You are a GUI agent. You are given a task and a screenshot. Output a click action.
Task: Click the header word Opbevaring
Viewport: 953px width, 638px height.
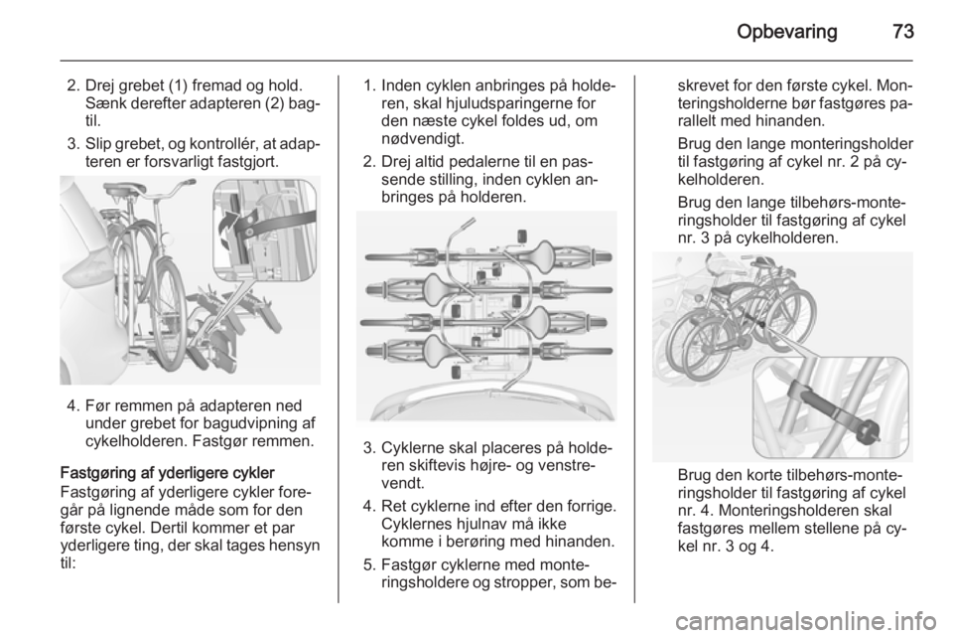pos(786,32)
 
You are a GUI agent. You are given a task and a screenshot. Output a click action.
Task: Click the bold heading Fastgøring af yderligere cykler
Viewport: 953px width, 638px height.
pos(167,473)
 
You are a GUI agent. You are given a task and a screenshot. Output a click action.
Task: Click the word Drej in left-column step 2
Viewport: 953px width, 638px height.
pos(98,85)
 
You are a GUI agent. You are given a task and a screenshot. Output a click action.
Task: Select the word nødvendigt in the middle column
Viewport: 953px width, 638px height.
pos(423,139)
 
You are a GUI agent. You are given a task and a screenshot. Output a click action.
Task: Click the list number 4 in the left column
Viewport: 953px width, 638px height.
pos(71,405)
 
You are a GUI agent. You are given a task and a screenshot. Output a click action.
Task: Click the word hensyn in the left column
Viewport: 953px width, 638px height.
pos(294,546)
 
